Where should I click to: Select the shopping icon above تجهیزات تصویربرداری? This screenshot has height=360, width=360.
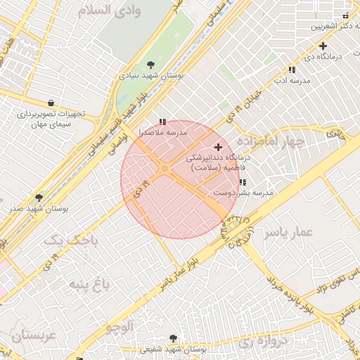tap(51, 103)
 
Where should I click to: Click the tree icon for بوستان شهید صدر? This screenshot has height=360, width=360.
tap(39, 198)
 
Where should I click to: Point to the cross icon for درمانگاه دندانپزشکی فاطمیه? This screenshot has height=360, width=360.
tap(219, 148)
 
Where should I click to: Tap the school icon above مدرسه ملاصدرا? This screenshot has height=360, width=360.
tap(163, 122)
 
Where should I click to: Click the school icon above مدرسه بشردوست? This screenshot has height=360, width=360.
tap(243, 182)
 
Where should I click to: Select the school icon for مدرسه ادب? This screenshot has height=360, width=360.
tap(291, 70)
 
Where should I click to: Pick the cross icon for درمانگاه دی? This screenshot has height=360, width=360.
tap(323, 46)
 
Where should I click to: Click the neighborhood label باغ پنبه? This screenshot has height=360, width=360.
tap(89, 284)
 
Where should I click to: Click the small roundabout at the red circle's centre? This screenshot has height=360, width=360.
tap(165, 169)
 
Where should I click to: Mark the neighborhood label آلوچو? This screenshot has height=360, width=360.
tap(120, 326)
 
